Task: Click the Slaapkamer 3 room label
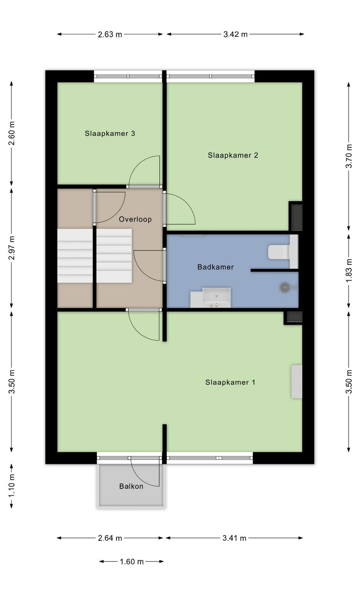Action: (110, 133)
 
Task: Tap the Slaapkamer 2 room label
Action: (233, 156)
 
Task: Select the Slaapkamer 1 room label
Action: (230, 382)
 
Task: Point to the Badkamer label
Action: (215, 267)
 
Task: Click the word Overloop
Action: (135, 219)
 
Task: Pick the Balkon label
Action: (131, 486)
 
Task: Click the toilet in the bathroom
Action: (283, 252)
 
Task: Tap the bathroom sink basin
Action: (217, 298)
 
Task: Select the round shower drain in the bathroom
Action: (285, 287)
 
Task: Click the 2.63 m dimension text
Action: (110, 34)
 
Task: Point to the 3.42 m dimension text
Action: (235, 34)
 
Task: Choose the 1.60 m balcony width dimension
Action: (132, 562)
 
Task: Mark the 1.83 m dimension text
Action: (349, 270)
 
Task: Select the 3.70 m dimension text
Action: (349, 156)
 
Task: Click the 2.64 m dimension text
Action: (110, 538)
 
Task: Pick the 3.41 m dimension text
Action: (234, 538)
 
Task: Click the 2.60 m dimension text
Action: (11, 133)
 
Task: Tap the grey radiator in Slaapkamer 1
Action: (297, 382)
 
